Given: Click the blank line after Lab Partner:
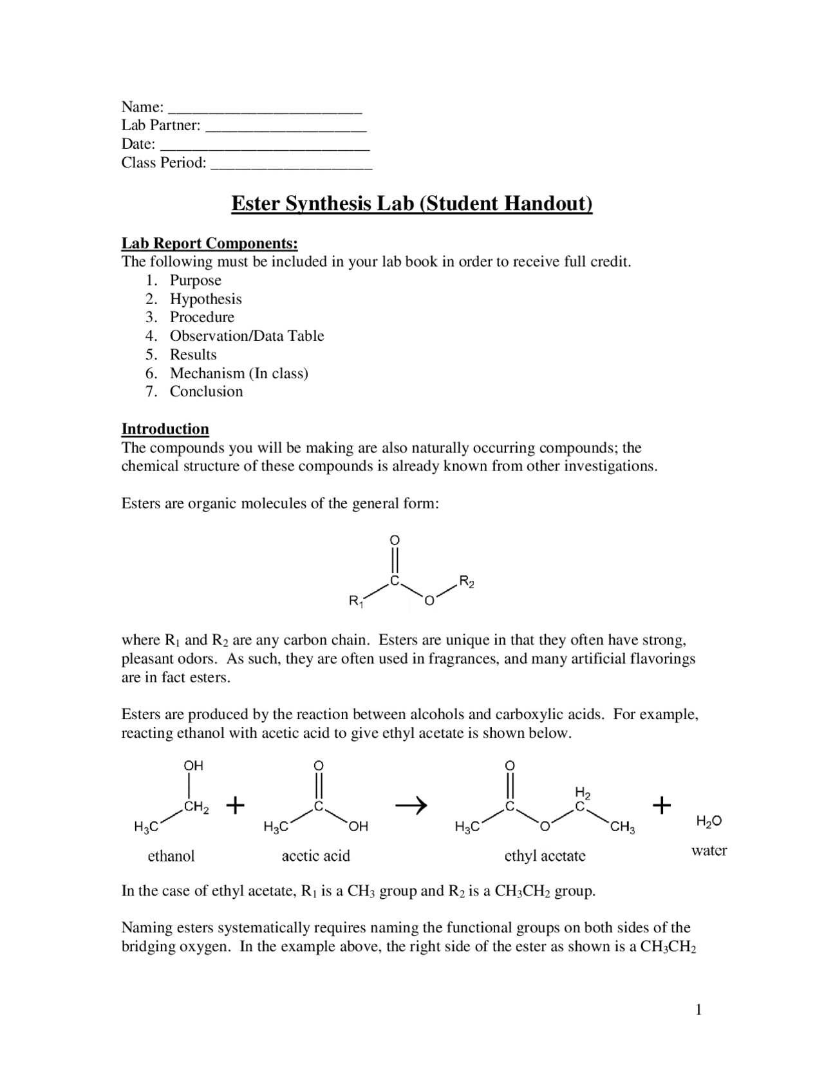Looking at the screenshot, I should (x=286, y=127).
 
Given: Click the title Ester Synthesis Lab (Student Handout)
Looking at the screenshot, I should (x=411, y=204).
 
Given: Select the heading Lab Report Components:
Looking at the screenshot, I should (x=210, y=244).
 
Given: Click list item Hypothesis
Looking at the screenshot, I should (x=205, y=299).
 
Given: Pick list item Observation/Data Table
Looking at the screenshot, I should (x=247, y=336).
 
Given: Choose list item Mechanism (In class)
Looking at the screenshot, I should (x=239, y=373).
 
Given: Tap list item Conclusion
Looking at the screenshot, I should (x=206, y=392).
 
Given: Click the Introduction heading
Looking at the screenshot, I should (x=165, y=429).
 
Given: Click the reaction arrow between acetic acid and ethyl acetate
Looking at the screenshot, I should (x=411, y=805).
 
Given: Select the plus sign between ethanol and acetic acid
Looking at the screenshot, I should (x=236, y=805).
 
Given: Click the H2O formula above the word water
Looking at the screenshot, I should (x=709, y=822).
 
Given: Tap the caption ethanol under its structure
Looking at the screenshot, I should (x=171, y=856).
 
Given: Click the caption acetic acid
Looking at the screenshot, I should (x=315, y=856).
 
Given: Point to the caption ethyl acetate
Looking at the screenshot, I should (x=545, y=856).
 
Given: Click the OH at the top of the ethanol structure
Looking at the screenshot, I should (x=193, y=765).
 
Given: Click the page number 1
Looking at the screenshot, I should (x=698, y=1010).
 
